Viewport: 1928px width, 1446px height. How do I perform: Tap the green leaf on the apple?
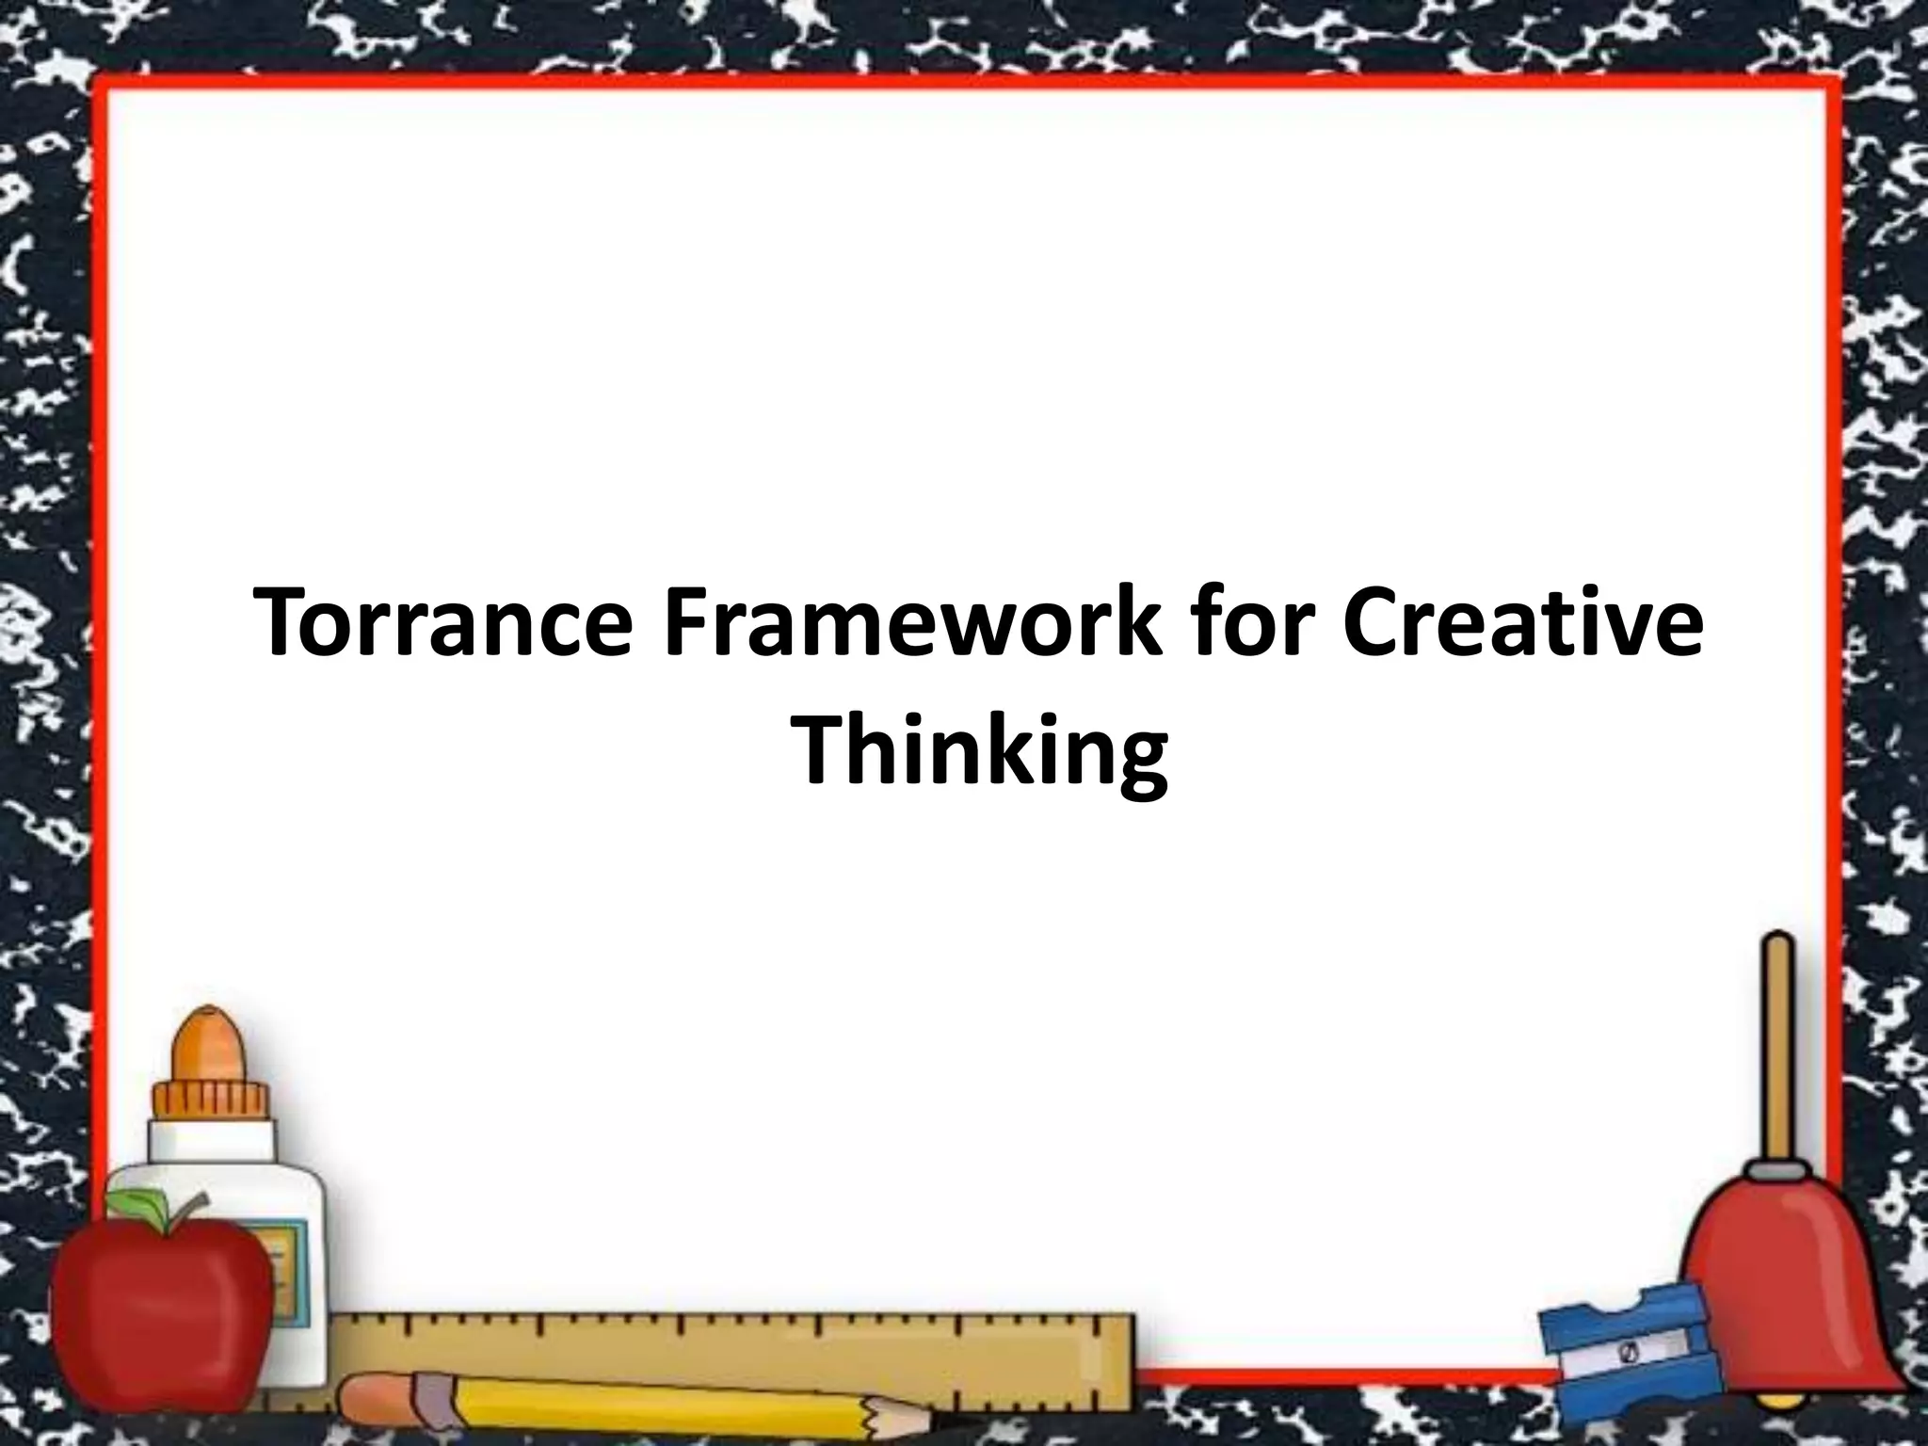point(141,1203)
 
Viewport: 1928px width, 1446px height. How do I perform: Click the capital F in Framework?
point(687,623)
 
